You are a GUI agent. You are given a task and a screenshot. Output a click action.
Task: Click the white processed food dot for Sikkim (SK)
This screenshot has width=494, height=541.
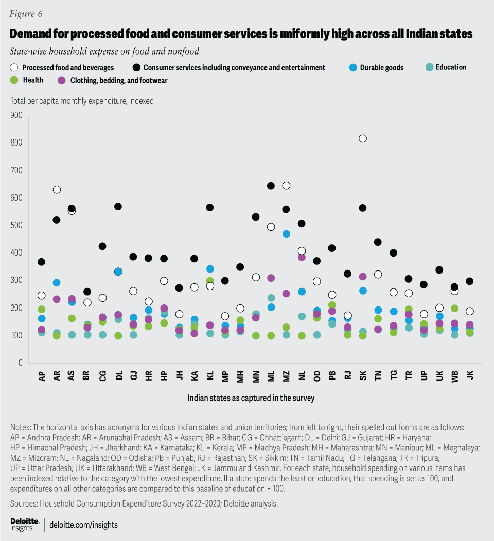(363, 138)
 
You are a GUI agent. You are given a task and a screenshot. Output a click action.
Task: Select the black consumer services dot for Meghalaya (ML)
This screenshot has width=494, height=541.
(271, 186)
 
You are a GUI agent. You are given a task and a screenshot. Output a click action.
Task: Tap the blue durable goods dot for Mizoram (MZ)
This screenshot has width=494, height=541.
(286, 233)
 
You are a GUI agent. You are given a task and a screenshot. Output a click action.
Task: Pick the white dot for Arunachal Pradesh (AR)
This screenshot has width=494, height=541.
(57, 189)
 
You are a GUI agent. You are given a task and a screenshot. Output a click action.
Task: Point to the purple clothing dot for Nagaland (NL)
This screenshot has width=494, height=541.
(302, 257)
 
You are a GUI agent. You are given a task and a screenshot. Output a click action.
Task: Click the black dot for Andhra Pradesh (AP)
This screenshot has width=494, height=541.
(41, 262)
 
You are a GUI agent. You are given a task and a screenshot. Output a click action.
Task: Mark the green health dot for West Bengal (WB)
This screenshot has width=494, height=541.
(454, 308)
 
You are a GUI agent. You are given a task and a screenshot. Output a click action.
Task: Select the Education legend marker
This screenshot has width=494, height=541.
(429, 67)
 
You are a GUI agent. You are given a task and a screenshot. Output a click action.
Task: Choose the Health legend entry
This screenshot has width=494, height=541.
(32, 80)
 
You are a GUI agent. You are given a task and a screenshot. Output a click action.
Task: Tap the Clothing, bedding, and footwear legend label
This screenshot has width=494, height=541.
(119, 80)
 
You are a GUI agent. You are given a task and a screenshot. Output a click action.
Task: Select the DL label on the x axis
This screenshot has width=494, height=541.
(118, 376)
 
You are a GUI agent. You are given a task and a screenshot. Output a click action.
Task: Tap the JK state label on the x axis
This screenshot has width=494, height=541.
(470, 376)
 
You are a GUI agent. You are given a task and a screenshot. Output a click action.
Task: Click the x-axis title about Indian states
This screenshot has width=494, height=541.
(251, 398)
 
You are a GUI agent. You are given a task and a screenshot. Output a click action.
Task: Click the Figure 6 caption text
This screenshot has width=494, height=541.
(26, 13)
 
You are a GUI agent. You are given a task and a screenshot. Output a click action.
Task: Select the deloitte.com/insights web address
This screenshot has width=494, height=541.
(84, 525)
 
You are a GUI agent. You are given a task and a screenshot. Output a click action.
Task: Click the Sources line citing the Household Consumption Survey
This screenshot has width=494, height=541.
(144, 503)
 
